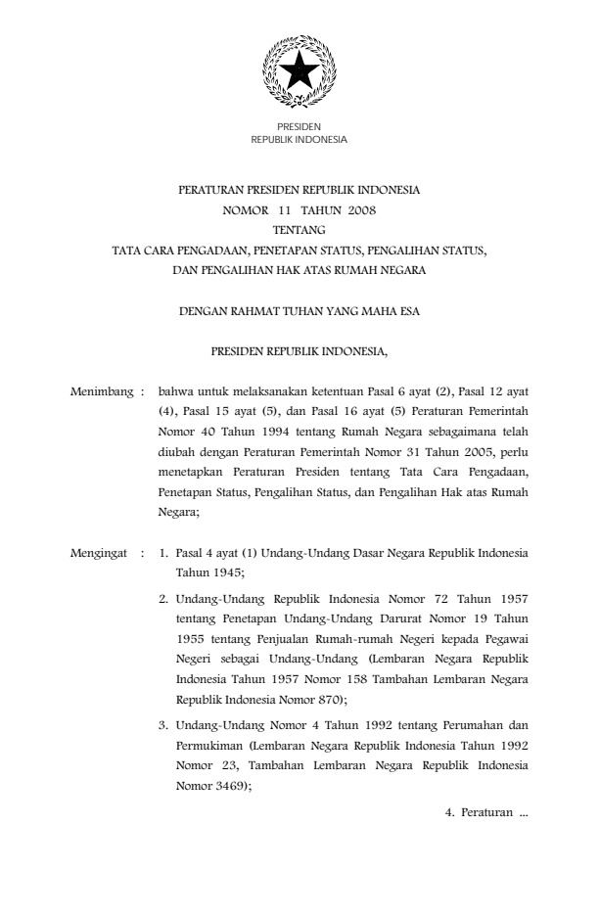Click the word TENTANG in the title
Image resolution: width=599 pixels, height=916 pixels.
[x=299, y=230]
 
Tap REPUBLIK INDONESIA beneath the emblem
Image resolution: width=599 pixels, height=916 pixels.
[x=299, y=140]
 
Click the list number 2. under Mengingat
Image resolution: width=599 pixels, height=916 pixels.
[x=163, y=595]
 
